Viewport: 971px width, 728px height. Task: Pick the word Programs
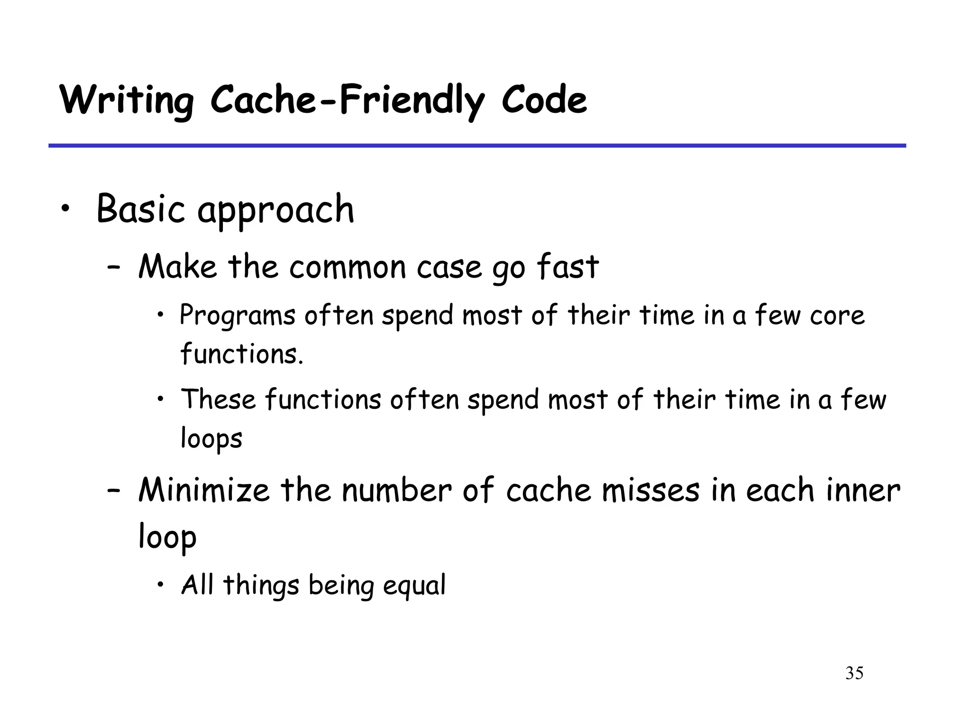[238, 316]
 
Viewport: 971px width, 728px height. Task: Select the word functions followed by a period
[242, 355]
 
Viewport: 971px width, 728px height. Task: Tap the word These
[219, 399]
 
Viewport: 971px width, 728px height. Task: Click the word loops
[211, 439]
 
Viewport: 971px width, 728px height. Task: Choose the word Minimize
[204, 490]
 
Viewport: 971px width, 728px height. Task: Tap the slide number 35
[854, 673]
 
